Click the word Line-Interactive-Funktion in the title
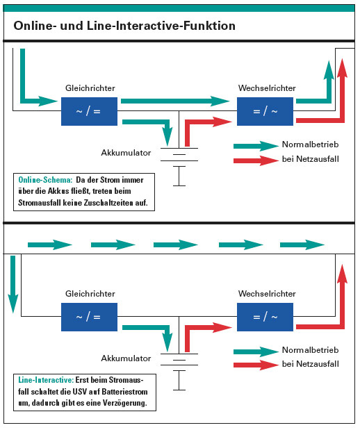pyautogui.click(x=161, y=26)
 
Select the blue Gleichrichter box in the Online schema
pyautogui.click(x=89, y=111)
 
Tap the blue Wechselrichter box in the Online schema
pyautogui.click(x=265, y=111)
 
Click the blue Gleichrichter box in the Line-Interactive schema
pyautogui.click(x=89, y=317)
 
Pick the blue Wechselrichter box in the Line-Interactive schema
pyautogui.click(x=265, y=317)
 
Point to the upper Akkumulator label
pyautogui.click(x=126, y=153)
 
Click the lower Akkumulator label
pyautogui.click(x=126, y=358)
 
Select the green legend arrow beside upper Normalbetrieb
pyautogui.click(x=256, y=146)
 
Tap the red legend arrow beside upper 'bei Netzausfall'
pyautogui.click(x=256, y=160)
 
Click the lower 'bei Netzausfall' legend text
pyautogui.click(x=311, y=364)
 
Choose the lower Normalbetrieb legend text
pyautogui.click(x=311, y=350)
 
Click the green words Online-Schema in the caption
pyautogui.click(x=45, y=180)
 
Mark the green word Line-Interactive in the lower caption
pyautogui.click(x=46, y=380)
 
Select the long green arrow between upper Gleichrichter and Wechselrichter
pyautogui.click(x=175, y=101)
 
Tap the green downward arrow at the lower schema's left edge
pyautogui.click(x=13, y=284)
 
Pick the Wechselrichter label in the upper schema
pyautogui.click(x=267, y=88)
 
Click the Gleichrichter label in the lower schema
pyautogui.click(x=90, y=294)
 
